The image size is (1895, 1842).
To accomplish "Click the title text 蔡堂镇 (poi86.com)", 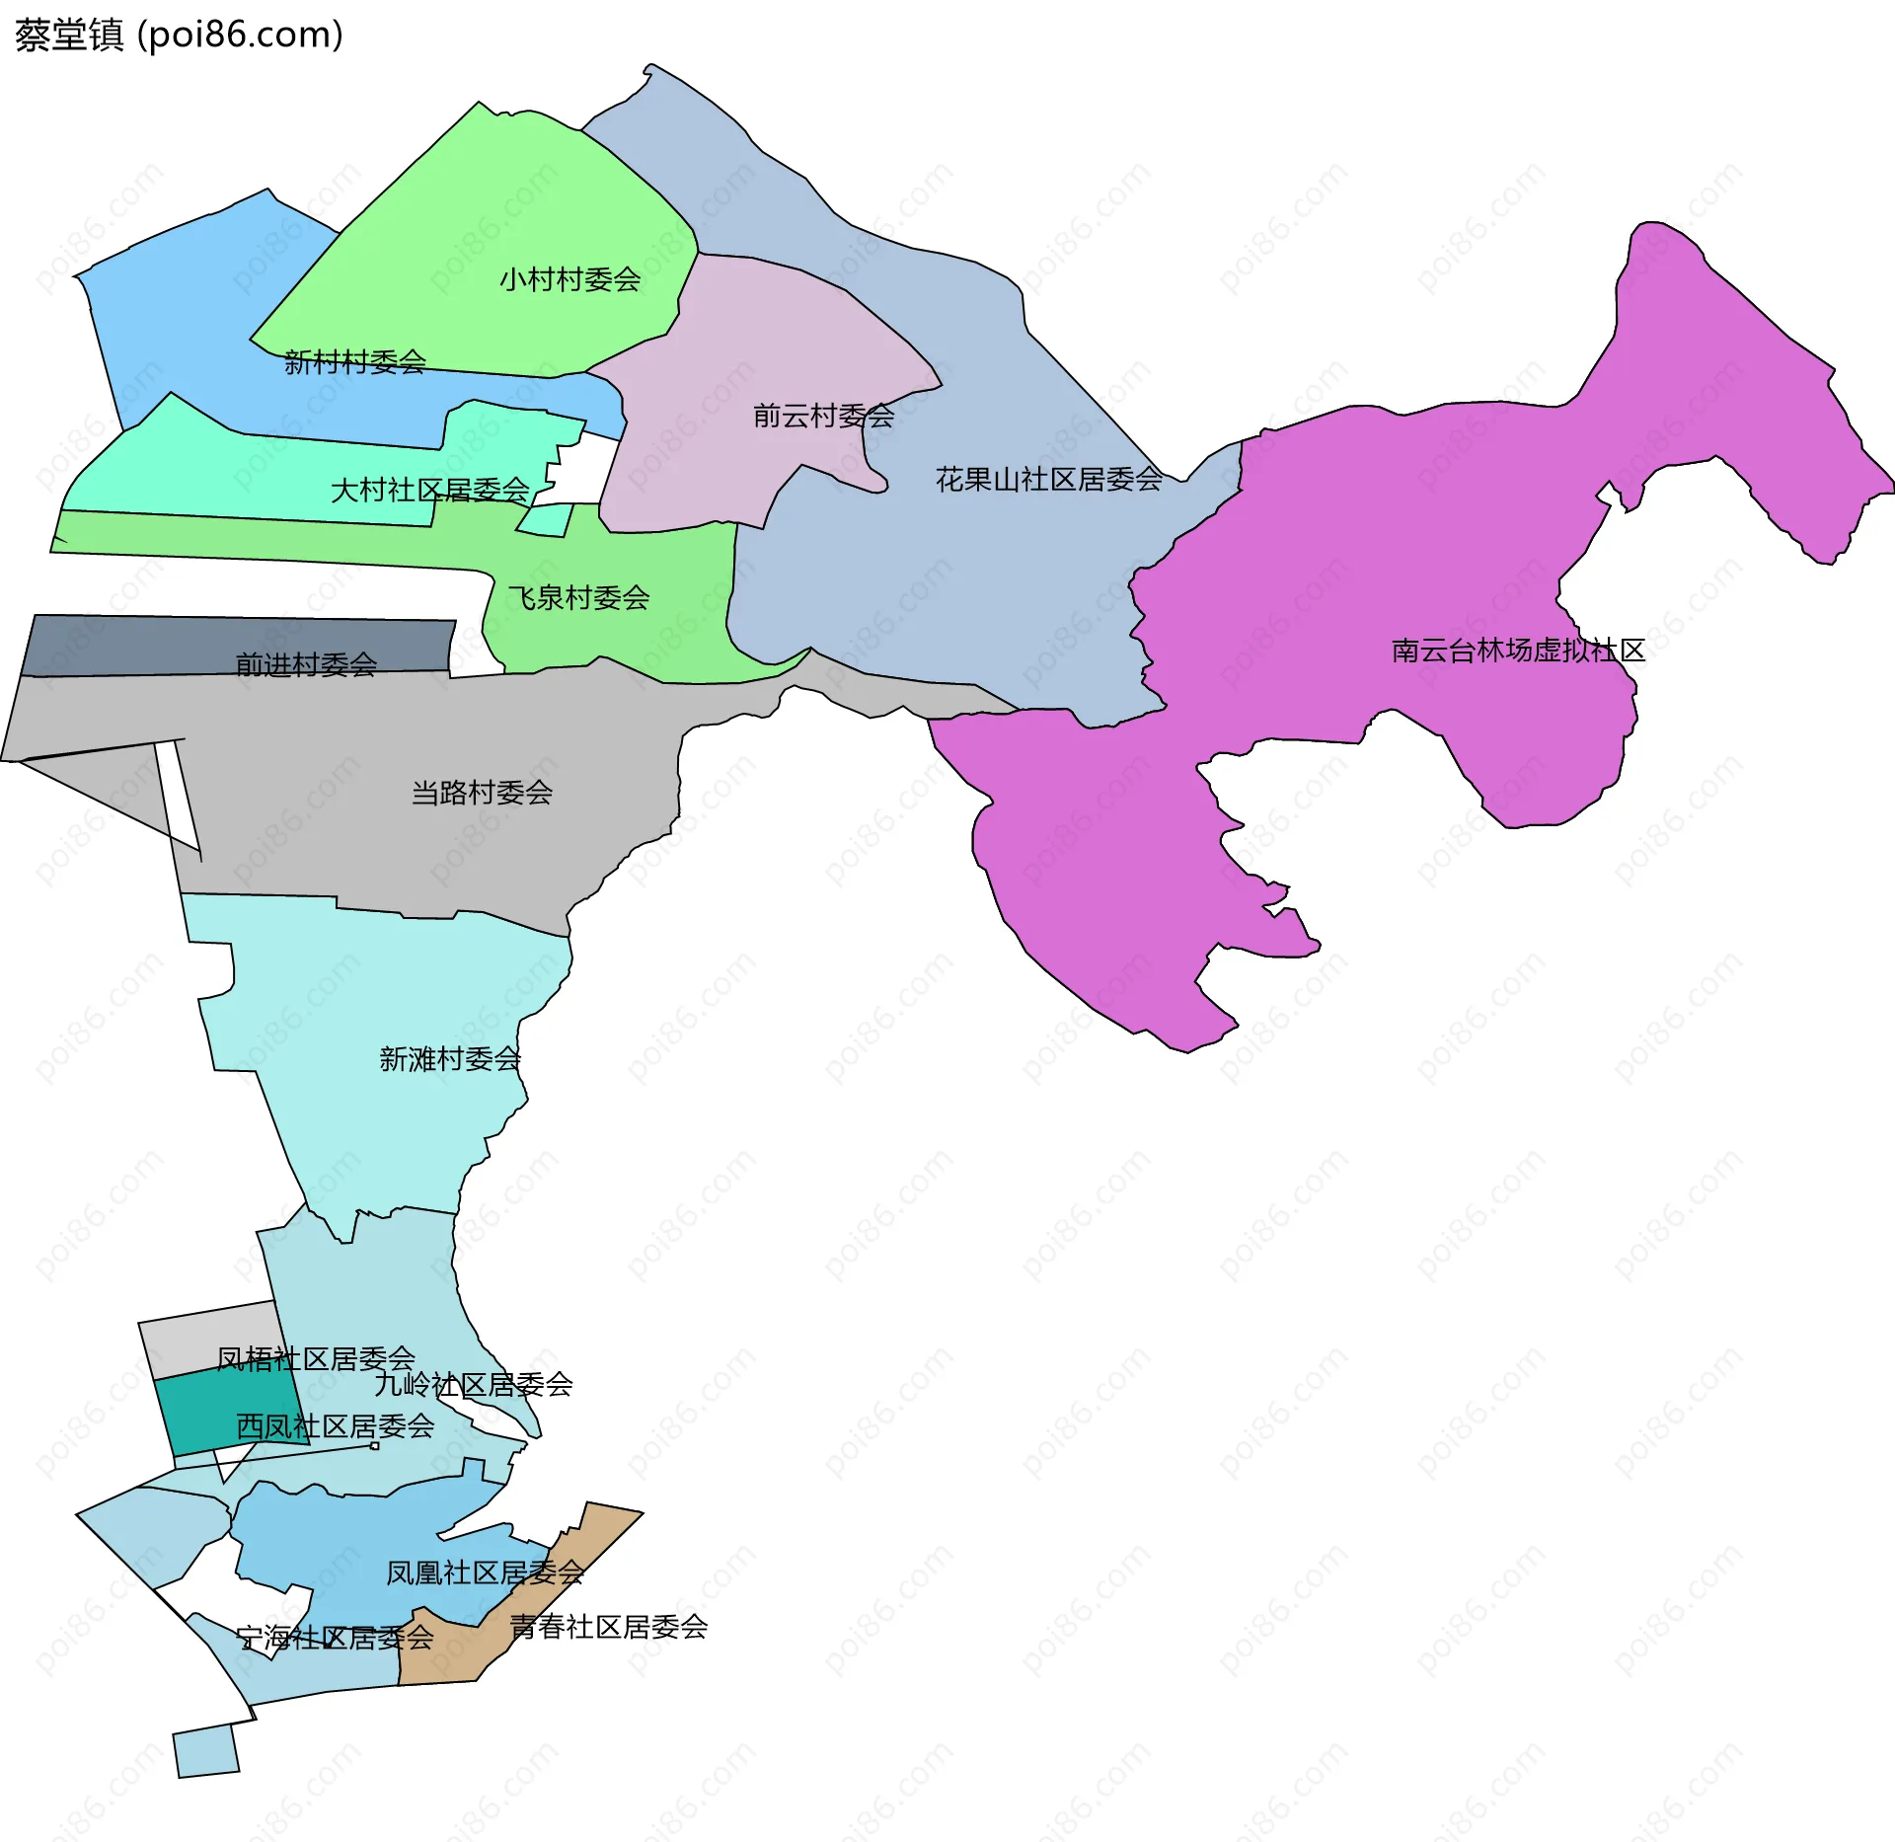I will pos(179,35).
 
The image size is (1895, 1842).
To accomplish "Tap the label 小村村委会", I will pos(569,279).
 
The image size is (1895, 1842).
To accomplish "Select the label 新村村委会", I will pos(355,362).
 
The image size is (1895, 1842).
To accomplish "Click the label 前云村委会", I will pos(823,416).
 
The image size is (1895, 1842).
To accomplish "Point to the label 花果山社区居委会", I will pos(1048,480).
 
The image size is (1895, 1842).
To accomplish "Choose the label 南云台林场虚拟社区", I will pos(1518,651).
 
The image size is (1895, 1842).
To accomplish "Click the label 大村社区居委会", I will pos(429,490).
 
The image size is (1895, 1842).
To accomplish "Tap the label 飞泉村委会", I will pos(578,597).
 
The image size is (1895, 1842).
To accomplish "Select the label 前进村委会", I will pos(306,664).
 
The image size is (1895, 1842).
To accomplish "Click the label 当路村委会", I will pos(482,793).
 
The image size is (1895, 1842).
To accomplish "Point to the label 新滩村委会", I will pos(450,1059).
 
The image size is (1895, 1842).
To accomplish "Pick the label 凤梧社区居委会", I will pos(316,1359).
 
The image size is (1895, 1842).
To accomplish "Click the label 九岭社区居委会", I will pos(474,1385).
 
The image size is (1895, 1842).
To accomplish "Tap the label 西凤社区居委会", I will pos(336,1426).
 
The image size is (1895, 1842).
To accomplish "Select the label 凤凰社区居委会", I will pos(485,1573).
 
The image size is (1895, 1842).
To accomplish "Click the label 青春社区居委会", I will pos(609,1627).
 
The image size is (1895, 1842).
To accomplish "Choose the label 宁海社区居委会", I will pos(336,1639).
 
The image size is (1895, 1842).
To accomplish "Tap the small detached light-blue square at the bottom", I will pos(206,1751).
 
